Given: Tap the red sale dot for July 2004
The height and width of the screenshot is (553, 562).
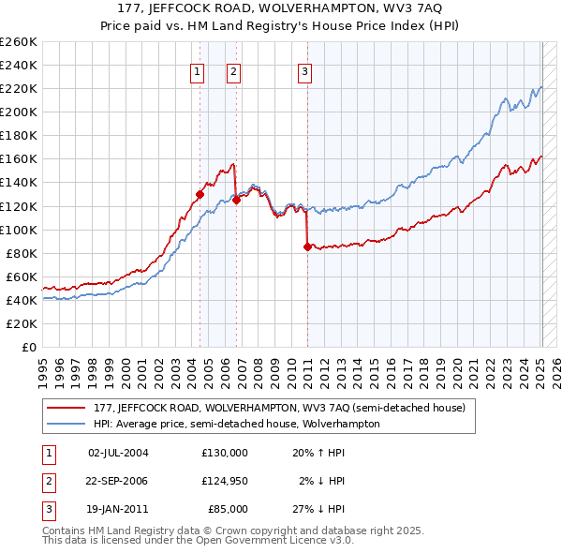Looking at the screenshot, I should pos(200,194).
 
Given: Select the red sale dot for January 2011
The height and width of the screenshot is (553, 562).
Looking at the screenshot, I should pos(307,247).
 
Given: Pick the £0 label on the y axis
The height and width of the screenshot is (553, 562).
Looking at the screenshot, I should pos(30,347).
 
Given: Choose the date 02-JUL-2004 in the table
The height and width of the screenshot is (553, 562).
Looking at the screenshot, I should pos(118,453).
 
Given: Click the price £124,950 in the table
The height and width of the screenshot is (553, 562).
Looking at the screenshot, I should pos(224,481).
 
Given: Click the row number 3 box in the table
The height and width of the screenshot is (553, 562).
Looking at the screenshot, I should pos(47,509).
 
